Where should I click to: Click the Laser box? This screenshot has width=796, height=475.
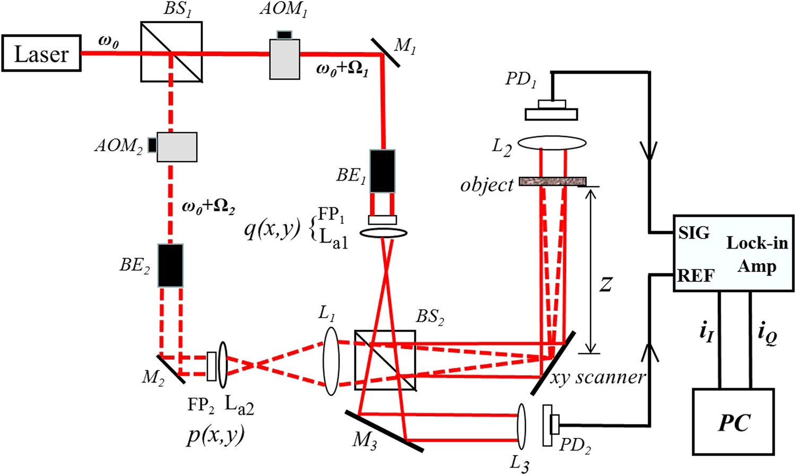point(41,54)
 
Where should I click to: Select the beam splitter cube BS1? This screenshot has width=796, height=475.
point(171,52)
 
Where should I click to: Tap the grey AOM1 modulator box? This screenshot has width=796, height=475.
point(284,58)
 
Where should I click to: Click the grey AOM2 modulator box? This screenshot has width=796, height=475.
point(176,147)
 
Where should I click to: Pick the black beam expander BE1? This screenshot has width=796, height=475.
point(382,171)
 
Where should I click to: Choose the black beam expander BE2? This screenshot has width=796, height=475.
point(170,265)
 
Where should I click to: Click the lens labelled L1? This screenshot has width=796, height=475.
point(331,361)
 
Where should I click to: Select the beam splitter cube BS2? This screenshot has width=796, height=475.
point(385,360)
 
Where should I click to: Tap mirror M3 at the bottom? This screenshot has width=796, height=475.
point(384,431)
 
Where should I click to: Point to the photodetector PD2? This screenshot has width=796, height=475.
point(550,426)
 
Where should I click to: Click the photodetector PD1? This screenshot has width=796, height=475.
point(551,111)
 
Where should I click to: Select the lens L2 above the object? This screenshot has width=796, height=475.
point(552,143)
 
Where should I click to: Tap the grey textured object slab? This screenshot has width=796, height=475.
point(552,181)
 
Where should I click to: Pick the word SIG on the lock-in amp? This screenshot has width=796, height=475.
point(693,233)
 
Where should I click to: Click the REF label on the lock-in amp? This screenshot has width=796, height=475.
point(696,276)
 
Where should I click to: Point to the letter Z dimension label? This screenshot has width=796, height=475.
point(605,284)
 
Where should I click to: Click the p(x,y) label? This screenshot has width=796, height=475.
point(215,435)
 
